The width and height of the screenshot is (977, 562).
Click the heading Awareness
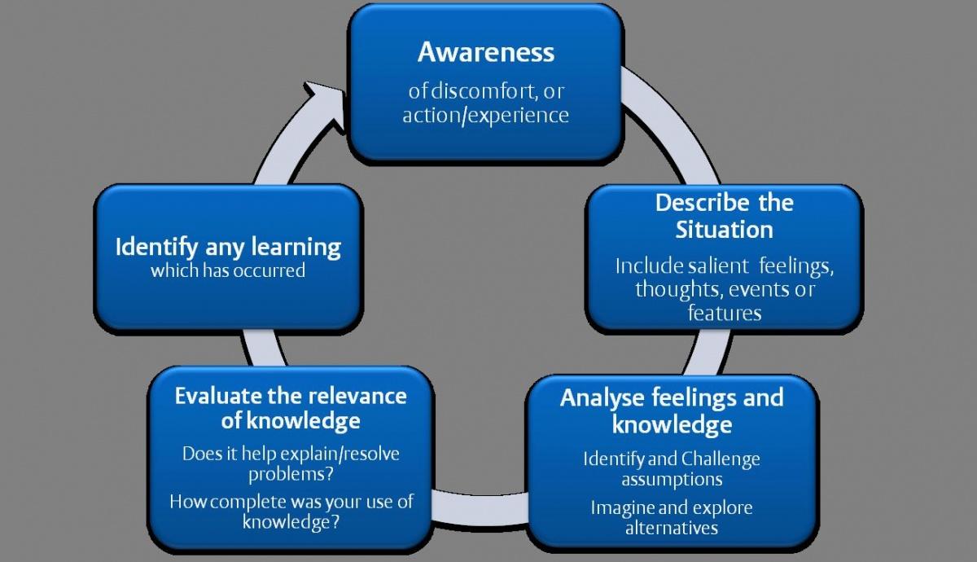[486, 52]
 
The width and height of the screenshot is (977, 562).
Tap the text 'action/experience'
[486, 115]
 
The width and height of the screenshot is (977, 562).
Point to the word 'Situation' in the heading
[724, 230]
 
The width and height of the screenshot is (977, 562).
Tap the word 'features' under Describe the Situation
[724, 312]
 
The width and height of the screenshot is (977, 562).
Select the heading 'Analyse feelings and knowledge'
[672, 411]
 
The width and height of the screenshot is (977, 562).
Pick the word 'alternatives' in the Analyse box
[672, 528]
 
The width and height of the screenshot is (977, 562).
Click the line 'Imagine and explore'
[672, 507]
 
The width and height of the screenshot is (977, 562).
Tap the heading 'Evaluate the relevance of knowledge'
[291, 408]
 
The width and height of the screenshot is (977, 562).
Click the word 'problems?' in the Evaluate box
[291, 474]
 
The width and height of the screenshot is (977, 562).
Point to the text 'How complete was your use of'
[291, 501]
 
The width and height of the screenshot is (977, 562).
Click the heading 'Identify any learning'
[228, 247]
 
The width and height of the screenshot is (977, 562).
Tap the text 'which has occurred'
[228, 270]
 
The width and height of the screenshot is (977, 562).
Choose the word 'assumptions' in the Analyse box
[672, 479]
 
